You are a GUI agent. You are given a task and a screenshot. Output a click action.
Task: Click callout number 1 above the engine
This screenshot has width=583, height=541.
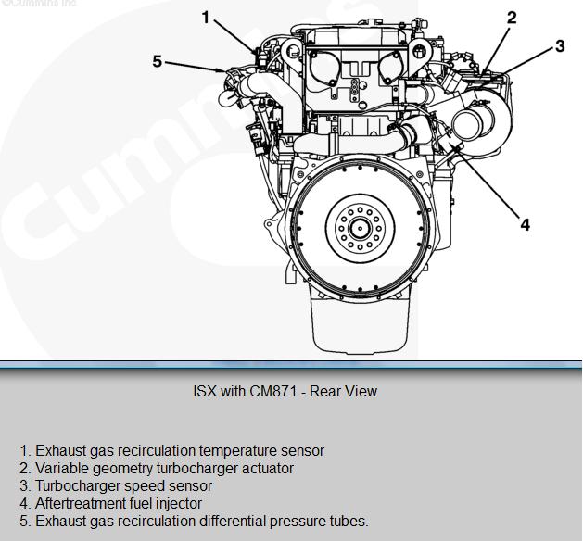(x=206, y=17)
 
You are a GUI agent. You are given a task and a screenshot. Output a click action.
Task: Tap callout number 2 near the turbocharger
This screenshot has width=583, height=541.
(x=511, y=17)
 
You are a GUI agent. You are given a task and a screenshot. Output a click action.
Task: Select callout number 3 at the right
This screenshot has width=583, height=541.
(x=560, y=45)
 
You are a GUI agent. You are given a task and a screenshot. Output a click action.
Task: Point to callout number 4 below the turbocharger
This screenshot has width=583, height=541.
(x=525, y=224)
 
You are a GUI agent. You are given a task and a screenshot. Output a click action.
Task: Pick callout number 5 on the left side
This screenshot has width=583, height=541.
(x=158, y=61)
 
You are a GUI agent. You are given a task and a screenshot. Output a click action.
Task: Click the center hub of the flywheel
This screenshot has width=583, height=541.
(x=359, y=225)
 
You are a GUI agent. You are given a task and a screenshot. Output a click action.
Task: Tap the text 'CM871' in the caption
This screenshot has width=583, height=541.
(x=272, y=391)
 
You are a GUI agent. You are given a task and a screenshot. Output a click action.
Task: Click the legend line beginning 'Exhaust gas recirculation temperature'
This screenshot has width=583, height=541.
(x=171, y=450)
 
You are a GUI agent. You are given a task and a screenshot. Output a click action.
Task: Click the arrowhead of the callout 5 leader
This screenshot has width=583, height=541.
(x=224, y=70)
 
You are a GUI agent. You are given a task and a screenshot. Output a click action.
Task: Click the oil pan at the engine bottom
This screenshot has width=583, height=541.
(x=359, y=320)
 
